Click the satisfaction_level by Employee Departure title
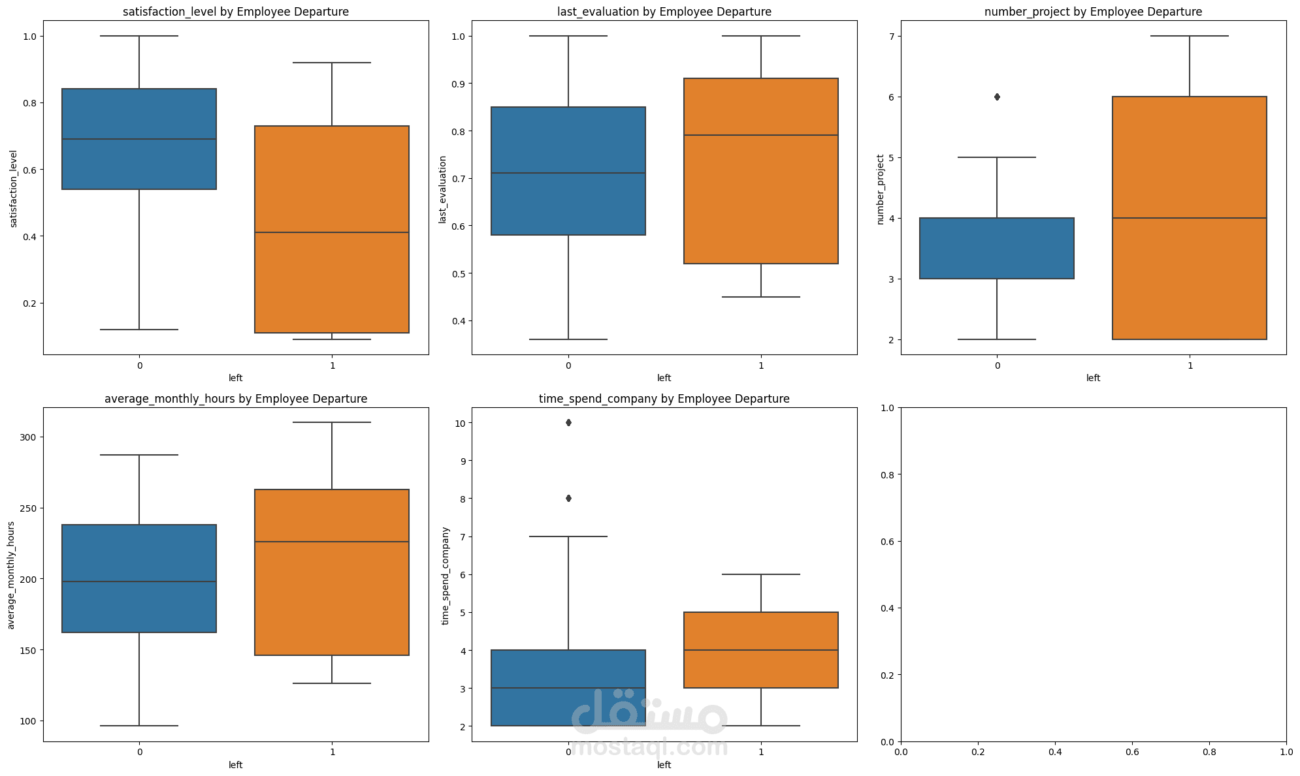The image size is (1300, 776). (x=236, y=12)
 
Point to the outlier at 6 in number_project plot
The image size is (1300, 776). (x=997, y=97)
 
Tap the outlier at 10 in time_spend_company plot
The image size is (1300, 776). (x=568, y=423)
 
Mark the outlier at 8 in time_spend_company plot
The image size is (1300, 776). (x=568, y=499)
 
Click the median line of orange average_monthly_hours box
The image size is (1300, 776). (x=332, y=542)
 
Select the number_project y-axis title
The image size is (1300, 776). (x=880, y=189)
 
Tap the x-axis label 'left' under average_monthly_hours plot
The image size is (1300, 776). (x=236, y=765)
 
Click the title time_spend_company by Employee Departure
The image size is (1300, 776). (x=664, y=399)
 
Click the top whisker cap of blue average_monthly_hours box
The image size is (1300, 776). (x=139, y=455)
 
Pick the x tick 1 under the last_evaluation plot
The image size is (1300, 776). (x=761, y=365)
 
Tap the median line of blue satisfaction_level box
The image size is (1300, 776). (x=139, y=139)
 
